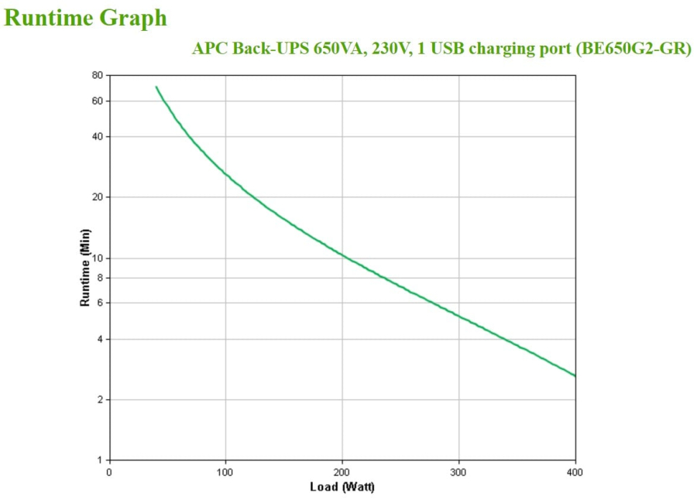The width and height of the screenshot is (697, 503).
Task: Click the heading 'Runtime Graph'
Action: pyautogui.click(x=86, y=18)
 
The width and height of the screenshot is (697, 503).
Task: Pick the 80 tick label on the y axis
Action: pyautogui.click(x=97, y=75)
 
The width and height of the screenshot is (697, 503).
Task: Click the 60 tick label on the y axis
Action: pyautogui.click(x=97, y=101)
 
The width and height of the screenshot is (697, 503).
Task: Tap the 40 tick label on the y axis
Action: pyautogui.click(x=97, y=136)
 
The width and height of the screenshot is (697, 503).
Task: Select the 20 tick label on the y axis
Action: pyautogui.click(x=97, y=197)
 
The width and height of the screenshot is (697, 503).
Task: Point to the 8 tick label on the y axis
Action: pyautogui.click(x=99, y=277)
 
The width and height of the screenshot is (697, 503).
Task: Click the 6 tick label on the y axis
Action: pyautogui.click(x=99, y=303)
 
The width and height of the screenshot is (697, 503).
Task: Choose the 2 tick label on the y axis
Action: pyautogui.click(x=99, y=399)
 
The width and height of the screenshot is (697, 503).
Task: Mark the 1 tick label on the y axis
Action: pyautogui.click(x=99, y=460)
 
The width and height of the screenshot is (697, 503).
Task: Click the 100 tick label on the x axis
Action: pyautogui.click(x=225, y=471)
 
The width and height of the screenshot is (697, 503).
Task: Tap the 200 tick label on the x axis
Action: pyautogui.click(x=342, y=471)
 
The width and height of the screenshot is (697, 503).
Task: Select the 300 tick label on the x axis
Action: pyautogui.click(x=458, y=471)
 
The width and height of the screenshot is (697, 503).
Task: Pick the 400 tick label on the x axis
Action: pyautogui.click(x=575, y=471)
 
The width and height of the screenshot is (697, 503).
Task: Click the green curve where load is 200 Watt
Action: pyautogui.click(x=342, y=255)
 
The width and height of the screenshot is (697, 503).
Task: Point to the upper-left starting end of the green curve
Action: pyautogui.click(x=156, y=87)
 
